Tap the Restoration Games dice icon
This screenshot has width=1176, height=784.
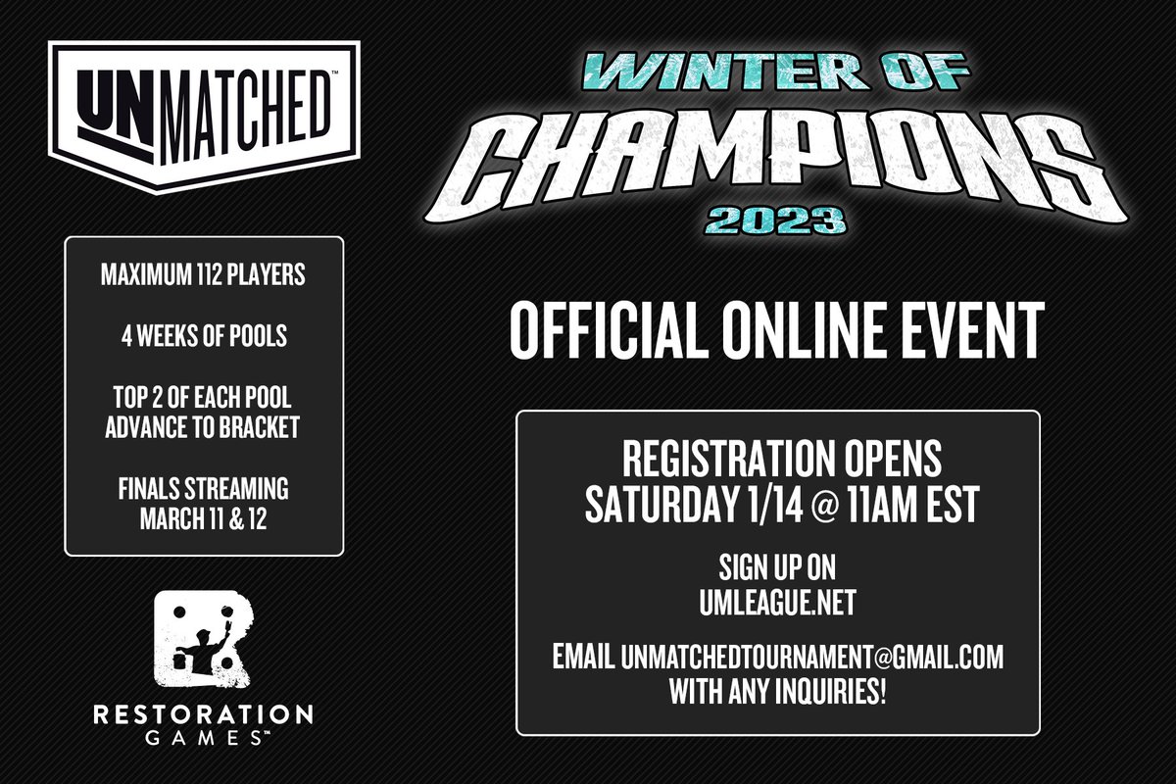203,642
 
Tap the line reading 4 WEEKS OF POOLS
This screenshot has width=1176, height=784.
204,335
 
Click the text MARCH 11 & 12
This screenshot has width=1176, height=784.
204,517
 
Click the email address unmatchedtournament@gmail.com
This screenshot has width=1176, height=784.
812,657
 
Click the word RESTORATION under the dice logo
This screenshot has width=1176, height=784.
203,714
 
